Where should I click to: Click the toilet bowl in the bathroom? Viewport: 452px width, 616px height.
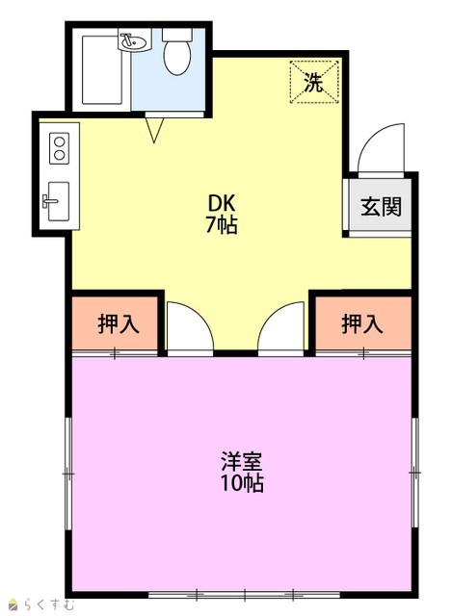click(177, 58)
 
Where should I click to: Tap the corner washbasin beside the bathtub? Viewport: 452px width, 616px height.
click(134, 40)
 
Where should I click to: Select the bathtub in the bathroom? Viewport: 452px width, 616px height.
click(102, 70)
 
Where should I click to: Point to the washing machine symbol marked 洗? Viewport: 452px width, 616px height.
click(314, 82)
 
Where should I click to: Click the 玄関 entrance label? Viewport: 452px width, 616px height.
click(381, 207)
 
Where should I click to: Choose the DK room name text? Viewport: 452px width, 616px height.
click(222, 203)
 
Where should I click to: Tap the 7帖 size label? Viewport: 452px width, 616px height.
click(222, 225)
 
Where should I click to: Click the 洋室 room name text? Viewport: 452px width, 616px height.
click(242, 461)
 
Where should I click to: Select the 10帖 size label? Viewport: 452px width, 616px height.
click(242, 483)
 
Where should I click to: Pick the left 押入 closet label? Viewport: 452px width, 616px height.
click(118, 324)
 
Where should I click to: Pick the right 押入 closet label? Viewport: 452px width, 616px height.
click(362, 324)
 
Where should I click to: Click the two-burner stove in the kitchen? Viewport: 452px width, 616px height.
click(60, 148)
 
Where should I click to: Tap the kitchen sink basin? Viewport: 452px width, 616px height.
click(58, 201)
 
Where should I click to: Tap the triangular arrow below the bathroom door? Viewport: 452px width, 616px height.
click(154, 130)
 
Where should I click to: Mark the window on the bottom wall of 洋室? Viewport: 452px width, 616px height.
click(245, 595)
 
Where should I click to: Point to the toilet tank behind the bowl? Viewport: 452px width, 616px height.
click(177, 35)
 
